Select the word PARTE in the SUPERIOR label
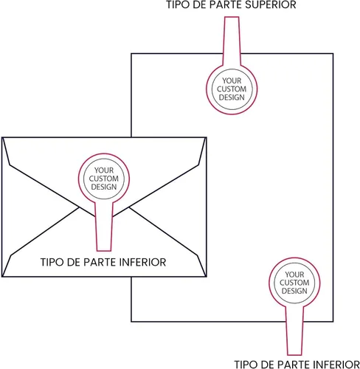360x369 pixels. click(221, 4)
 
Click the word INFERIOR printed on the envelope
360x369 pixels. click(142, 262)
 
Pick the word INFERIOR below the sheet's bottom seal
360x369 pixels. click(336, 365)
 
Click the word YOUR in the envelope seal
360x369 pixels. click(104, 170)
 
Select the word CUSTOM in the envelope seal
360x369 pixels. click(104, 179)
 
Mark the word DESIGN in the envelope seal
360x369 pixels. click(104, 187)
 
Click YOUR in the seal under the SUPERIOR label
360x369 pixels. click(232, 80)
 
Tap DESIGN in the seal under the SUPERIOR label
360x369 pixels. click(232, 97)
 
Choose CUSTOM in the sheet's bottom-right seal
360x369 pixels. click(294, 283)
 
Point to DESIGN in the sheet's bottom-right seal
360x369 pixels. click(294, 291)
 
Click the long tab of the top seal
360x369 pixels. click(232, 41)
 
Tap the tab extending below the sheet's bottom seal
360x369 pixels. click(294, 331)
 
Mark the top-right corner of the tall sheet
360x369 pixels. click(333, 54)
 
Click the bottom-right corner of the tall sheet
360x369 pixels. click(333, 321)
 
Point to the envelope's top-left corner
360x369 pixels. click(2, 137)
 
